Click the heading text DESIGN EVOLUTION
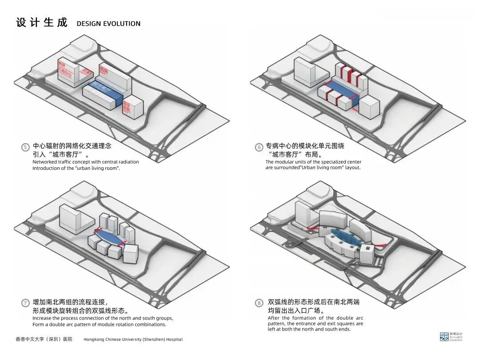(108, 24)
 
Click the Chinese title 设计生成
(42, 23)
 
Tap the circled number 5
(26, 147)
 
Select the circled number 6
(259, 147)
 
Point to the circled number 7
(26, 303)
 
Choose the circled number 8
(259, 303)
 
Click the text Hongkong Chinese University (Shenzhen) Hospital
(133, 340)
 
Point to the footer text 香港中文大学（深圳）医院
(44, 339)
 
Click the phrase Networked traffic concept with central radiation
(85, 162)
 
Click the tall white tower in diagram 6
(305, 71)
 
